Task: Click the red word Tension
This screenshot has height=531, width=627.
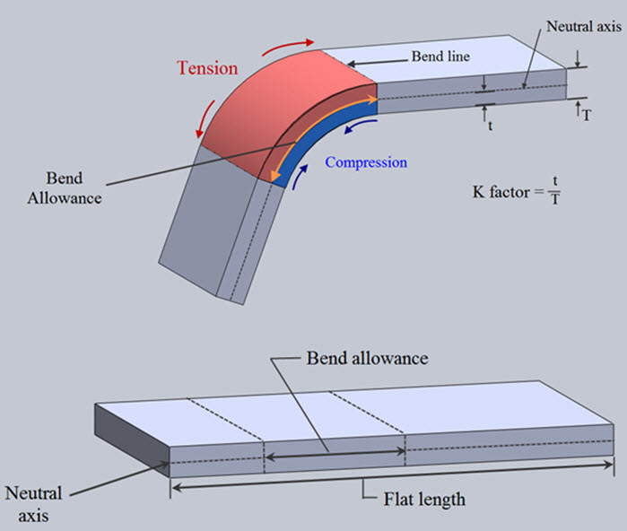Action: (x=207, y=68)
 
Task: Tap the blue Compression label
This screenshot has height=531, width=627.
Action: (x=366, y=163)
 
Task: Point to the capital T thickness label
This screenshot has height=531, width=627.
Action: (x=586, y=115)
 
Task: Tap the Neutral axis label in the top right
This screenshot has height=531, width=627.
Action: (x=583, y=27)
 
